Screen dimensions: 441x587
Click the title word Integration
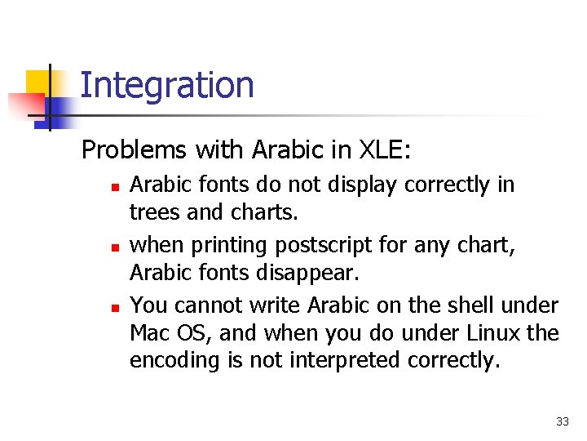(167, 85)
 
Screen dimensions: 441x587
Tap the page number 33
(562, 421)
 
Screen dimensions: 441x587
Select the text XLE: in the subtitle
(386, 150)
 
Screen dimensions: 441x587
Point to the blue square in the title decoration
(59, 109)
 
